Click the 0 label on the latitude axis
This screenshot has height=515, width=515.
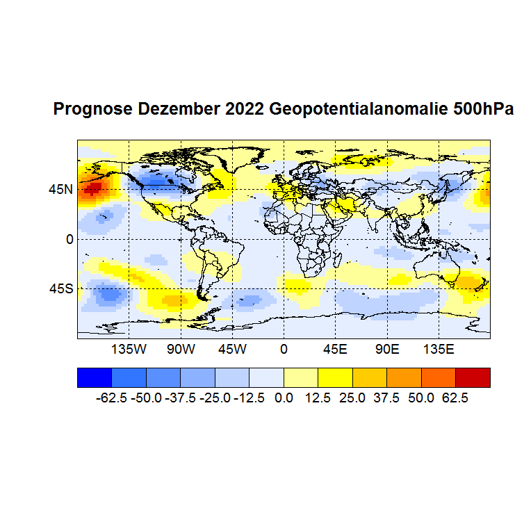(70, 238)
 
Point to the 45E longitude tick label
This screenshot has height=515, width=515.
(335, 348)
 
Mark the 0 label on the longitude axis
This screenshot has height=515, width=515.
(284, 348)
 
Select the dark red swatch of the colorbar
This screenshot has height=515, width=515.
(473, 377)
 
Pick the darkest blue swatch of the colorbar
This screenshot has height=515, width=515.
(94, 377)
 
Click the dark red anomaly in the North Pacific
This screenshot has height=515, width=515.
(91, 188)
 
